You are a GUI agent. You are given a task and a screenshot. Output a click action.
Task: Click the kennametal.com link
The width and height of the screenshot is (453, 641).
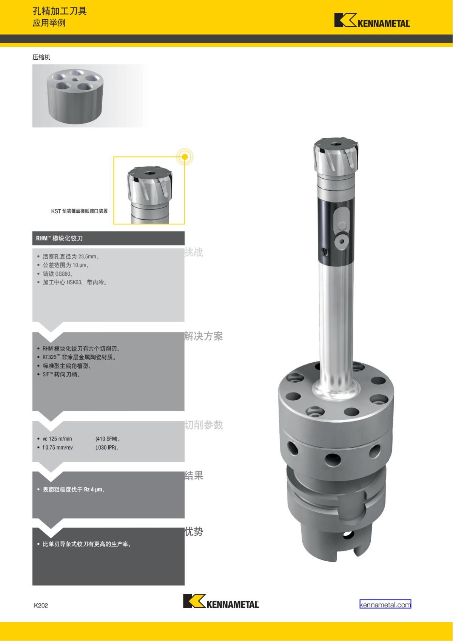coord(385,605)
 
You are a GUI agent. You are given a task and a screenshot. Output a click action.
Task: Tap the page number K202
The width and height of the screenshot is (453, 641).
coord(41,605)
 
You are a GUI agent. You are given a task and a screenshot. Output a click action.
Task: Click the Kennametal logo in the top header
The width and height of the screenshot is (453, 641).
coord(372,20)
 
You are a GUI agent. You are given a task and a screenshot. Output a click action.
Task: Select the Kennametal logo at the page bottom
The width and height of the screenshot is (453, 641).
coord(221,601)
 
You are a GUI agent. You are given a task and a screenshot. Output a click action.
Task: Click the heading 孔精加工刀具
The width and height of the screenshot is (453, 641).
coord(60,11)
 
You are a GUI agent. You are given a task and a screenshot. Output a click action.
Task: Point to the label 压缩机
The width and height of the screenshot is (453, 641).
coord(41,57)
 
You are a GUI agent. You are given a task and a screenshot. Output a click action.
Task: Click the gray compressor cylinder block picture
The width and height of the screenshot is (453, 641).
coord(75,96)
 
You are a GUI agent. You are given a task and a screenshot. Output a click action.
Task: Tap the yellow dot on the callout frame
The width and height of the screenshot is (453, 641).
coord(185,157)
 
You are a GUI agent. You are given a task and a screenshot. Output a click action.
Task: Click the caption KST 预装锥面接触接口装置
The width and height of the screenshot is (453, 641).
coord(80,211)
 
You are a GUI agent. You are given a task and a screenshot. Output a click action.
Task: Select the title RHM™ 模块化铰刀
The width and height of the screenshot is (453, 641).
coord(60,238)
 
